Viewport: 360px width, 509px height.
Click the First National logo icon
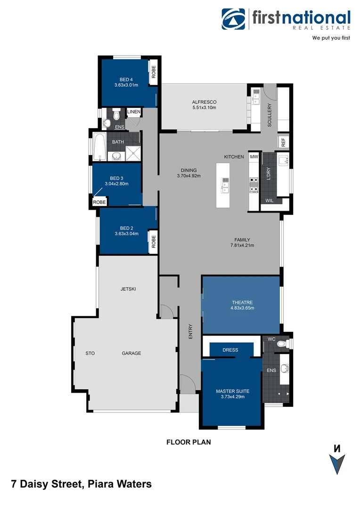click(x=234, y=19)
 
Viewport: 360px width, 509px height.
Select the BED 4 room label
click(x=126, y=79)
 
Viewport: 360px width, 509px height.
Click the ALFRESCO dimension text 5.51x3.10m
click(x=204, y=108)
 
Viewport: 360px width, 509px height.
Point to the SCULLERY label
click(x=270, y=115)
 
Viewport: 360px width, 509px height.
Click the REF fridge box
click(x=283, y=142)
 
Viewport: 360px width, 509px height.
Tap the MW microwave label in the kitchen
click(x=254, y=156)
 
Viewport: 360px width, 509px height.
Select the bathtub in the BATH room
click(x=100, y=146)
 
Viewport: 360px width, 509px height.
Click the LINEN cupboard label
click(x=134, y=112)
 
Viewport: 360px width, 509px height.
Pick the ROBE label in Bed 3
click(x=99, y=202)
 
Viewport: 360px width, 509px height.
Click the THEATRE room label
click(x=242, y=302)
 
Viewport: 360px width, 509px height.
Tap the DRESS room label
click(x=230, y=350)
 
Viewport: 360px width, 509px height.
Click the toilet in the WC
click(x=282, y=345)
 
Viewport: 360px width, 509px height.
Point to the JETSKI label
click(x=128, y=289)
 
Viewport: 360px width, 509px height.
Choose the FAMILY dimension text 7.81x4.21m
click(x=242, y=245)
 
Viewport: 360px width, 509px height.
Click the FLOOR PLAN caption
click(x=188, y=442)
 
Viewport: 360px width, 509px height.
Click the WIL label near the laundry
click(x=269, y=200)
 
